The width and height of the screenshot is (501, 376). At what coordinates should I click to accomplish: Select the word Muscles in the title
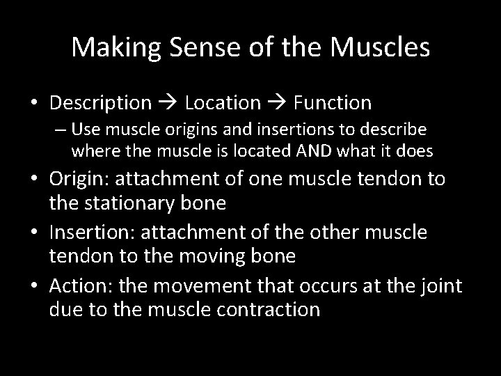[x=380, y=47]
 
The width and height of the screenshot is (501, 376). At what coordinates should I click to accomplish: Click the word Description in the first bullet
[x=100, y=103]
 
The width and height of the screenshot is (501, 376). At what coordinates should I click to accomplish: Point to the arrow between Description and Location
[x=169, y=103]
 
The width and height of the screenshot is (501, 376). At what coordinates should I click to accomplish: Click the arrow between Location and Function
[x=277, y=103]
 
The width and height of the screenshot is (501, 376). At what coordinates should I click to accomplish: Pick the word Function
[x=333, y=103]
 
